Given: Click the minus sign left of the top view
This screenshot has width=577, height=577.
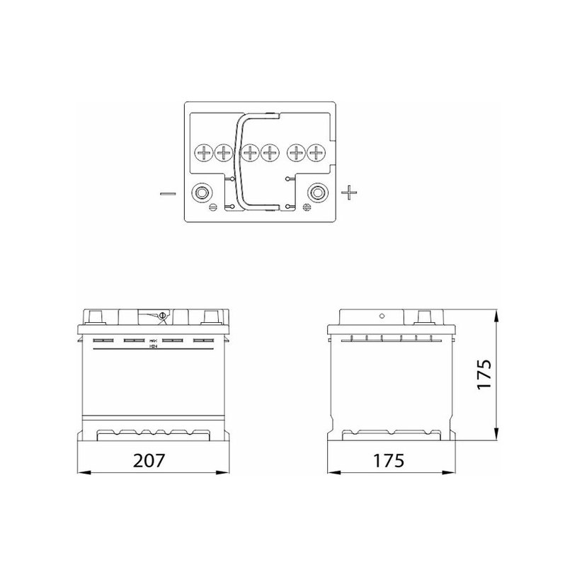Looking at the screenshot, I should click(168, 193).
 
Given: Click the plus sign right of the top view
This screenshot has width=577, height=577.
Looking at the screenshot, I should click(350, 192).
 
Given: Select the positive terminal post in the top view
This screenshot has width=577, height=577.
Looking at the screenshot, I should click(316, 192).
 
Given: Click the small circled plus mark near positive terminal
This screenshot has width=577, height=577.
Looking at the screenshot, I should click(307, 207).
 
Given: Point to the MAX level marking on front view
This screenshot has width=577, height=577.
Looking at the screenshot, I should click(153, 341).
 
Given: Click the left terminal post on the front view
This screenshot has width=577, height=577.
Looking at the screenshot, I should click(95, 316).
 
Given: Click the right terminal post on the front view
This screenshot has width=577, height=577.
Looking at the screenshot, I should click(210, 316).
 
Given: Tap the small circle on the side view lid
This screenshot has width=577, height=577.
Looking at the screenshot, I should click(382, 317).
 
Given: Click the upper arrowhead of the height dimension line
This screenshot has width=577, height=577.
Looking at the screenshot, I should click(498, 314).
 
